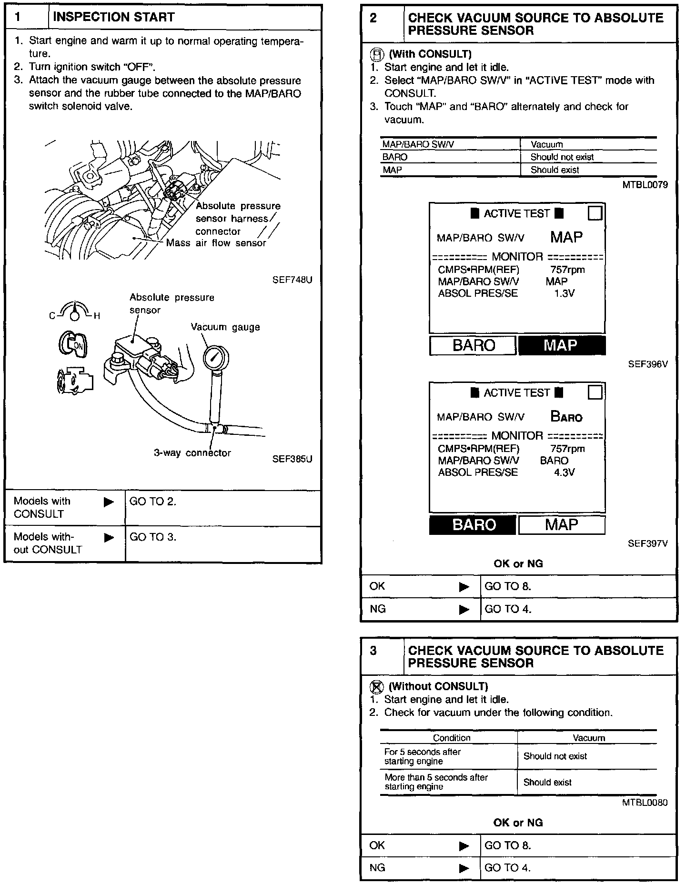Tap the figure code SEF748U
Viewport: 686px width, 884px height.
pos(292,280)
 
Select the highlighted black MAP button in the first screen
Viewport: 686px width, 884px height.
pos(562,345)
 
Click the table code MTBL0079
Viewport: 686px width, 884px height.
pos(645,185)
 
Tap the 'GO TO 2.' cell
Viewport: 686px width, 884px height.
pos(153,502)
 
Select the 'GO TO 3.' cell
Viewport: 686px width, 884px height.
pos(153,537)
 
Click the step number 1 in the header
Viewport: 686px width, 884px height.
pos(18,17)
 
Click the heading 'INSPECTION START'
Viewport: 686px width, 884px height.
pos(113,17)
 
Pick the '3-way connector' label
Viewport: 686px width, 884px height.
pos(192,453)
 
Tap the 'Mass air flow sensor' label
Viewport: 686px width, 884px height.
pos(216,243)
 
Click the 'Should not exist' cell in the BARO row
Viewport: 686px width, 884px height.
pos(562,157)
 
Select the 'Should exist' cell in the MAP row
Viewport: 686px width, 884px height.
pos(555,170)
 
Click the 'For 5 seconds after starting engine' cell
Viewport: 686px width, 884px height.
pos(423,756)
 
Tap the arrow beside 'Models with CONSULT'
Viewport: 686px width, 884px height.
pos(109,502)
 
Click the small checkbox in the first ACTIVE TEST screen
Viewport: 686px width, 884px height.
pos(595,213)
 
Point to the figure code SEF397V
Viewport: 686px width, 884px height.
pos(647,543)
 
